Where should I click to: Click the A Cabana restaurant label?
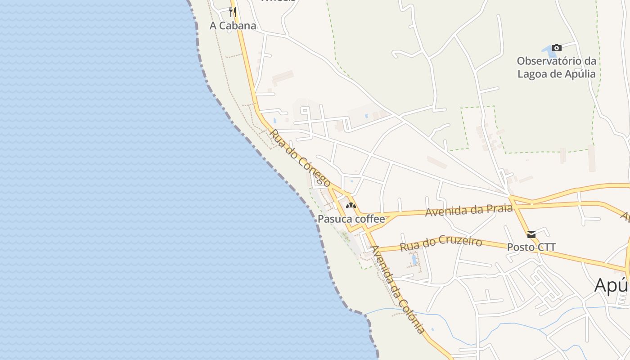233,26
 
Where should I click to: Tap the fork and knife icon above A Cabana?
233,12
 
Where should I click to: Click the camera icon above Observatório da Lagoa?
557,48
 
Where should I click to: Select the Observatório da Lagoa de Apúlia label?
557,67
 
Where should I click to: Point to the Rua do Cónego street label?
300,158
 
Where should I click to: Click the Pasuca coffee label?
351,219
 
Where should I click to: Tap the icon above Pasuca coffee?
351,206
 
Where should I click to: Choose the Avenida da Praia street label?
469,210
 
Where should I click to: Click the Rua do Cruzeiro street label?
441,244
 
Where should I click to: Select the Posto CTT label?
531,247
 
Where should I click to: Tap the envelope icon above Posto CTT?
531,234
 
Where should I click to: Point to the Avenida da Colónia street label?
398,290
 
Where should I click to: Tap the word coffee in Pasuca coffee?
369,219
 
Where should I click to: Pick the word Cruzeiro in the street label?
460,242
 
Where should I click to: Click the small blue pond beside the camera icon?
545,48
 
